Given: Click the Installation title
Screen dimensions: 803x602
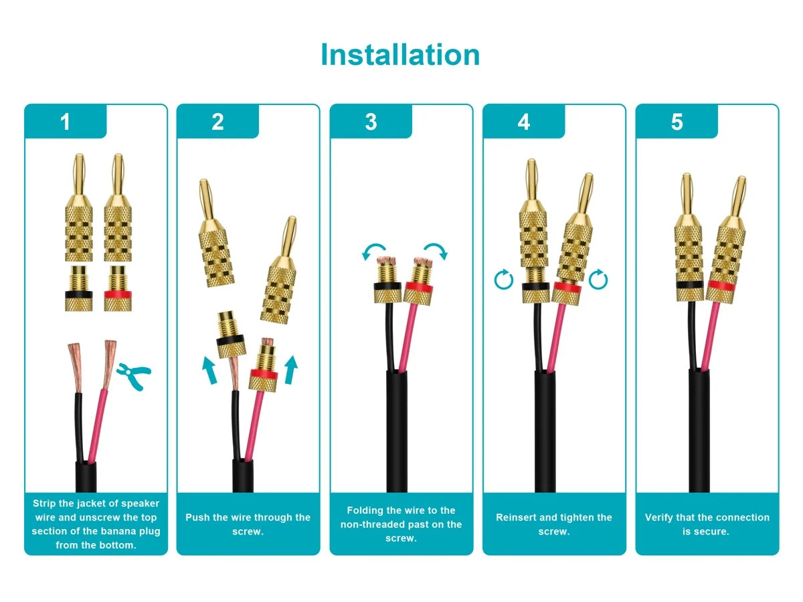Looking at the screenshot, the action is click(x=400, y=54).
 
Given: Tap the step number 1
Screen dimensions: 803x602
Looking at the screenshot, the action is click(x=65, y=122).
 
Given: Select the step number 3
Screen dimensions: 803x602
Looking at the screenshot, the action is click(x=371, y=122).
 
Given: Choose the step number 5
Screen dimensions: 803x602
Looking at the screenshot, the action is click(x=677, y=122).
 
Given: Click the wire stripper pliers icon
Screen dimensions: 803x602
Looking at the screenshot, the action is click(x=134, y=376).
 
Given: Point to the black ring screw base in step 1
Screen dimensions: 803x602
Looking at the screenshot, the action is click(x=79, y=288).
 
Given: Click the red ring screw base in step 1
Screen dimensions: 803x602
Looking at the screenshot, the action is click(x=118, y=288).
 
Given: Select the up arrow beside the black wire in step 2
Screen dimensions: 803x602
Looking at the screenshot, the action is click(x=209, y=371).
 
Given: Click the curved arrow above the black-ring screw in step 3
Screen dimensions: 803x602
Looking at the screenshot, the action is click(x=373, y=247).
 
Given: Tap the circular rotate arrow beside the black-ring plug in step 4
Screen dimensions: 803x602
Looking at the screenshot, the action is click(x=503, y=280).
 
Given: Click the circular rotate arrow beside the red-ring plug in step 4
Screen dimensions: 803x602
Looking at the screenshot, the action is click(x=598, y=279).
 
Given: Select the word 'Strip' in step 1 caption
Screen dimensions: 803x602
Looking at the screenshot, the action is click(x=44, y=504).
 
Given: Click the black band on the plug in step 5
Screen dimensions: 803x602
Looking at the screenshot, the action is click(x=689, y=285).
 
